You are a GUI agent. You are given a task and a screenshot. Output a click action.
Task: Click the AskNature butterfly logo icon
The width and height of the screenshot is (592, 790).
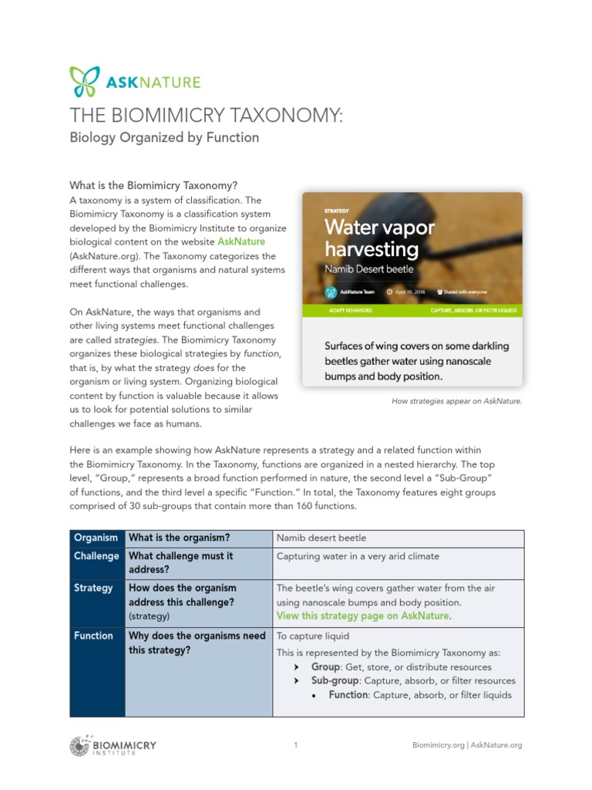[x=84, y=81]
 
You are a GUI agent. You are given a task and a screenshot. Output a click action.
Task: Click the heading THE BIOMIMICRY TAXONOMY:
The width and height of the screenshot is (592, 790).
[x=206, y=116]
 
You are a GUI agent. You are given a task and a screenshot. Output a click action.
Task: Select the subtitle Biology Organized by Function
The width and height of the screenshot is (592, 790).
[x=164, y=138]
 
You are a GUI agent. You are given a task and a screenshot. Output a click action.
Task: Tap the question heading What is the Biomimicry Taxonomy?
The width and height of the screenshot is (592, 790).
[x=153, y=186]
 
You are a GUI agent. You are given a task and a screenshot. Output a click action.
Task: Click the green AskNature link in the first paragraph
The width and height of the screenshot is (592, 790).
[x=241, y=242]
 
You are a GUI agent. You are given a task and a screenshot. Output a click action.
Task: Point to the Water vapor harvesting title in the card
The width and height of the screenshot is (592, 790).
[x=379, y=238]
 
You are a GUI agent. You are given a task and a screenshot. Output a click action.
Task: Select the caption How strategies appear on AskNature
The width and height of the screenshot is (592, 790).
[x=456, y=401]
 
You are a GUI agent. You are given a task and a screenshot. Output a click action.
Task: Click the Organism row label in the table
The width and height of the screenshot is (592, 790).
[x=96, y=538]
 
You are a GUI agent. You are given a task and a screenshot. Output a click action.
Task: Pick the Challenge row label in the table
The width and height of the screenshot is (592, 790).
[x=96, y=556]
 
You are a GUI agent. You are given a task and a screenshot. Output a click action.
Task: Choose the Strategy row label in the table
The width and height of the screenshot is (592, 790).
[x=93, y=588]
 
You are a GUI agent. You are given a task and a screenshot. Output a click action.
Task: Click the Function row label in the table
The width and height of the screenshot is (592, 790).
[x=93, y=636]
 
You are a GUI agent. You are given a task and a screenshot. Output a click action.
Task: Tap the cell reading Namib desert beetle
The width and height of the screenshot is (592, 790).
[x=321, y=538]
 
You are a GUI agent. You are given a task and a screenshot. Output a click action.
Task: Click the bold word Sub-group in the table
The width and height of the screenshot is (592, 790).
[x=335, y=680]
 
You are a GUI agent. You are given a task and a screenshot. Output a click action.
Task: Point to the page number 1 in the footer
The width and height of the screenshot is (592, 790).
[x=296, y=744]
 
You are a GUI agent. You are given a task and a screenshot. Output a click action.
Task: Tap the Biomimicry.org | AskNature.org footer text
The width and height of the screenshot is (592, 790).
[x=467, y=745]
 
